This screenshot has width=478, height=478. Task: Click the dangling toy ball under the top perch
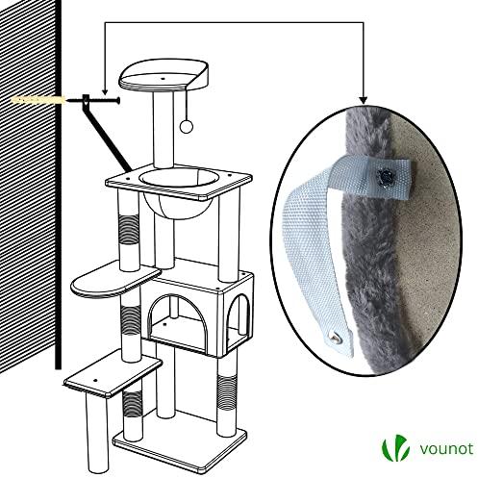click(186, 127)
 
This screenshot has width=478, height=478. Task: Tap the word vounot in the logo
click(446, 448)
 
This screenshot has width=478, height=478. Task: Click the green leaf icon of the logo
click(395, 448)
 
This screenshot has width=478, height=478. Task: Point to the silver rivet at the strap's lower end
click(334, 338)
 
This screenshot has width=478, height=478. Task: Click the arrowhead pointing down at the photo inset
click(363, 100)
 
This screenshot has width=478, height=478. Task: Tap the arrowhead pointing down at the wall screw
click(105, 91)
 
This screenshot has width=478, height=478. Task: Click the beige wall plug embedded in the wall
click(38, 100)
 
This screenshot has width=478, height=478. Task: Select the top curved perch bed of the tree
click(164, 76)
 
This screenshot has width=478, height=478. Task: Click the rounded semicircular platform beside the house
click(115, 279)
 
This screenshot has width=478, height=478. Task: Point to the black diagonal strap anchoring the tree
click(106, 134)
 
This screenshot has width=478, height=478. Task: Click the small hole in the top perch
click(163, 78)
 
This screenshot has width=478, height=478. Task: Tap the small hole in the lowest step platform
click(95, 380)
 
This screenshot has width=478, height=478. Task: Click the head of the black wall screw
click(118, 101)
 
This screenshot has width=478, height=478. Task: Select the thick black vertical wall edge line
click(58, 185)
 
